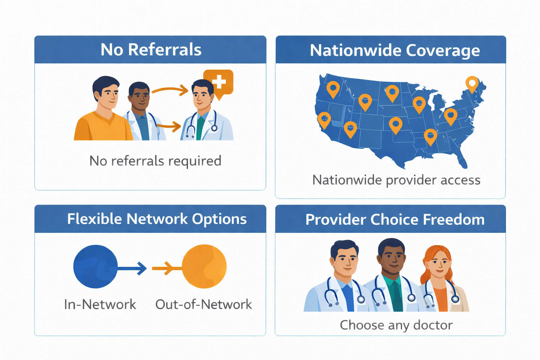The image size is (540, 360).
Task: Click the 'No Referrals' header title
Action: (x=151, y=50)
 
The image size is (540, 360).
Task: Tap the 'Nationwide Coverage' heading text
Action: (x=394, y=50)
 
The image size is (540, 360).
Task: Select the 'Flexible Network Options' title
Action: (x=157, y=219)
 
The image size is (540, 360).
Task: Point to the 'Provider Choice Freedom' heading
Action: (x=395, y=220)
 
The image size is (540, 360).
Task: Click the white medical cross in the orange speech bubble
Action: (x=219, y=82)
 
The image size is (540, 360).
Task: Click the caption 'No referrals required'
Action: (x=155, y=161)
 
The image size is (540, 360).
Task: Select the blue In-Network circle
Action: (x=95, y=266)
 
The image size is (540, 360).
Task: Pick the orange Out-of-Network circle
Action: (x=204, y=266)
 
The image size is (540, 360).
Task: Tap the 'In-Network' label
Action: (x=100, y=304)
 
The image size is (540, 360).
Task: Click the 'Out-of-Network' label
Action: (x=204, y=304)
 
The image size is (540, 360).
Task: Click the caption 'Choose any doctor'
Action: (x=396, y=325)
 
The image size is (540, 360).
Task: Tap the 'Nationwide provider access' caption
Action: (x=396, y=180)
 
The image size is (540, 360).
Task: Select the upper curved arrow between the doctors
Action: (x=170, y=90)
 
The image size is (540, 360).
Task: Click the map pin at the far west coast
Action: (x=324, y=120)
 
